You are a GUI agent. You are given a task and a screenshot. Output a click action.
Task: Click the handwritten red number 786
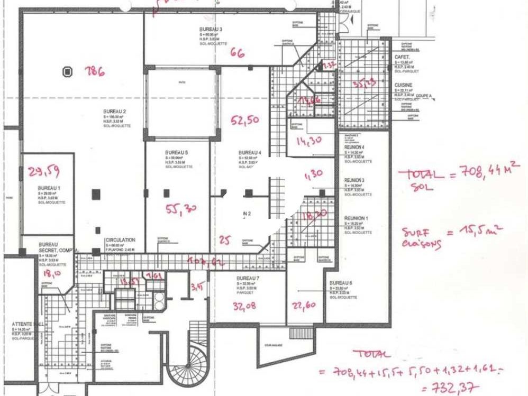click(x=96, y=72)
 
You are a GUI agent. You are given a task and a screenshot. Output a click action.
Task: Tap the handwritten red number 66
click(x=238, y=52)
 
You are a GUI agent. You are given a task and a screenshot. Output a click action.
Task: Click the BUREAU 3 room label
click(x=211, y=29)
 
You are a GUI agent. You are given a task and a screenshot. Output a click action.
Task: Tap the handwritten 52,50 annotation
click(x=244, y=121)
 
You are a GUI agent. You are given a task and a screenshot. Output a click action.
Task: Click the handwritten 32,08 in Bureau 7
click(x=245, y=305)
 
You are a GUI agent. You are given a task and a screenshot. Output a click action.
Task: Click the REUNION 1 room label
click(x=356, y=218)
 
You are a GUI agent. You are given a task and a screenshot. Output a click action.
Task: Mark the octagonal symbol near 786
click(x=68, y=71)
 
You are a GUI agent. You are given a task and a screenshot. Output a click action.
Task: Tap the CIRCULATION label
click(x=120, y=240)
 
